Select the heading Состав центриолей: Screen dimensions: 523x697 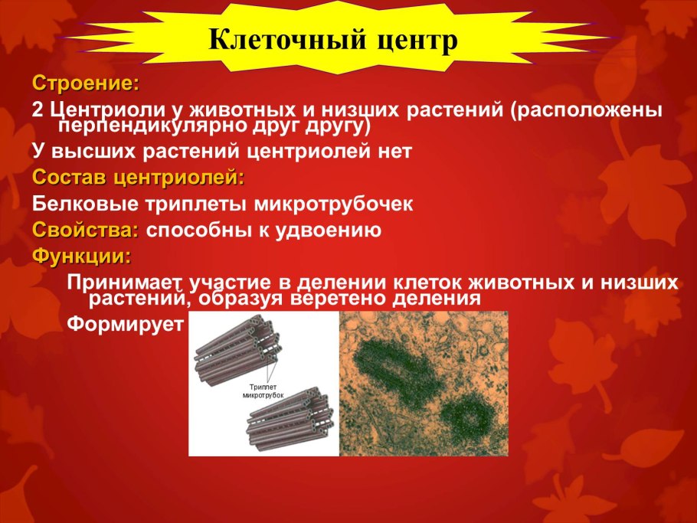click(x=139, y=178)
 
